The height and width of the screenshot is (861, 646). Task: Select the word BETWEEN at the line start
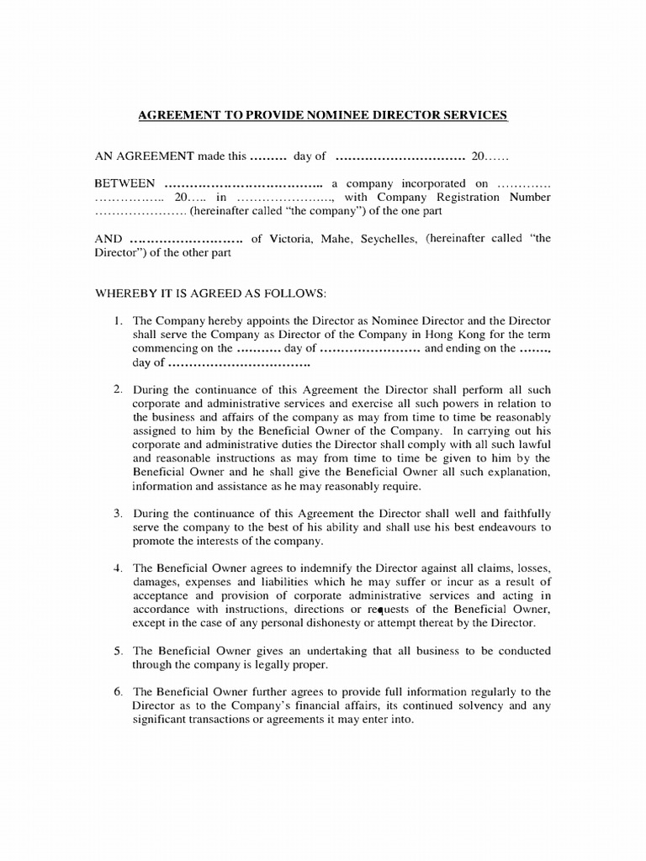(124, 183)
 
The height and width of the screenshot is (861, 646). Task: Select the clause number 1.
(118, 321)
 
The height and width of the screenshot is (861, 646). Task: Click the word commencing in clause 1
(163, 348)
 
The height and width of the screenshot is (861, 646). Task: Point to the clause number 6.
(118, 692)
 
